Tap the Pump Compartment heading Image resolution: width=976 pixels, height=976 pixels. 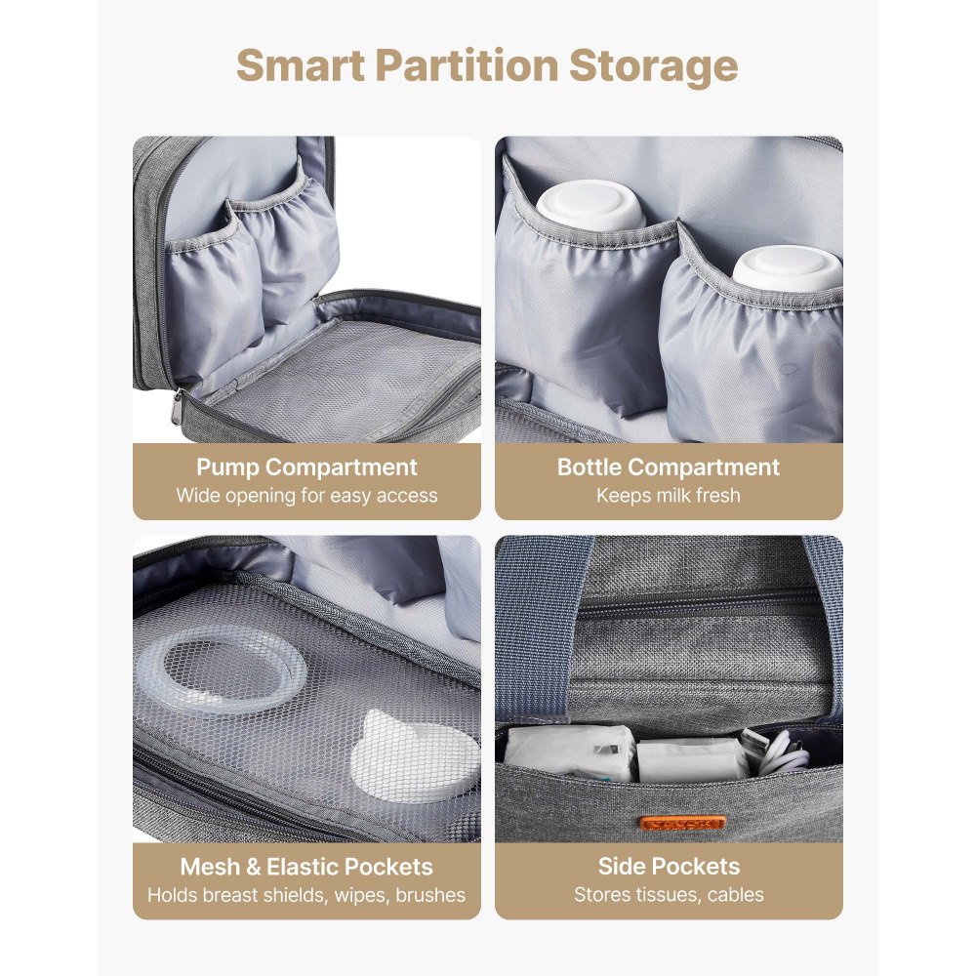click(306, 468)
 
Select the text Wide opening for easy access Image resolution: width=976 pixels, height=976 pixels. click(306, 495)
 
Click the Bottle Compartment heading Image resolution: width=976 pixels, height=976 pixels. click(669, 468)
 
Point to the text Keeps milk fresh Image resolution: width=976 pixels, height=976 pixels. click(669, 495)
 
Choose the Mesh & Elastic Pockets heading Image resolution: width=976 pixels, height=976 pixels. click(306, 867)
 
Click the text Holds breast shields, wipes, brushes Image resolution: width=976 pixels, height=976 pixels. click(306, 895)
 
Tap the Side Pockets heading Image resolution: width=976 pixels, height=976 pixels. click(669, 867)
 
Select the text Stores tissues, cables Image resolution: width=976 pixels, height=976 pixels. click(669, 895)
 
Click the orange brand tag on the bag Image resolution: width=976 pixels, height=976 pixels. click(689, 822)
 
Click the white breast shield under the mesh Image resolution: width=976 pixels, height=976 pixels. click(420, 752)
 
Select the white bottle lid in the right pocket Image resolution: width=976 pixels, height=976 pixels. click(787, 269)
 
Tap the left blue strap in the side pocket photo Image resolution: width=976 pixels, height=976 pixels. click(528, 625)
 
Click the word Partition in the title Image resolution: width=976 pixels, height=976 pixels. click(475, 65)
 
